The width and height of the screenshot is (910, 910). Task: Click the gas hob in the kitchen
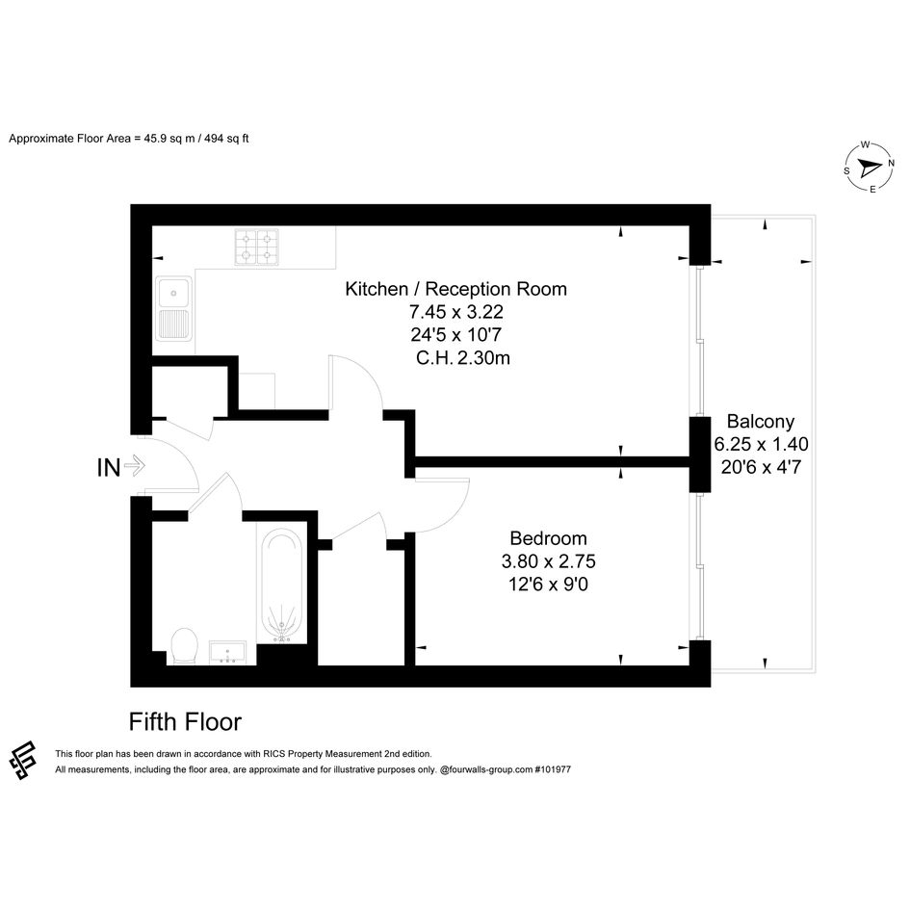click(x=256, y=247)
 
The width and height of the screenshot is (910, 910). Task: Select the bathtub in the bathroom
click(x=282, y=585)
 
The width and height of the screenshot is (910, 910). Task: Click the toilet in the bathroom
click(x=185, y=645)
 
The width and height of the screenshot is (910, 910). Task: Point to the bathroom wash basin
click(x=228, y=653)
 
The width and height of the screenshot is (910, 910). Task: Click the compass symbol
click(x=869, y=168)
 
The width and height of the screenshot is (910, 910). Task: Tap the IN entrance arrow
click(x=135, y=465)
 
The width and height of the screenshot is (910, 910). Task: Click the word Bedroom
click(x=549, y=538)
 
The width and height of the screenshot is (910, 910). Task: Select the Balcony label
click(x=761, y=422)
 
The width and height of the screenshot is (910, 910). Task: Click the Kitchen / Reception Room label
click(x=455, y=289)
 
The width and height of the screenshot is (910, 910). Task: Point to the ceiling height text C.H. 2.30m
click(x=462, y=358)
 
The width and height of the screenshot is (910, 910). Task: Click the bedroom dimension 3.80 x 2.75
click(x=549, y=561)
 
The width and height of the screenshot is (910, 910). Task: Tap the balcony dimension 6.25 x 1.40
click(x=761, y=444)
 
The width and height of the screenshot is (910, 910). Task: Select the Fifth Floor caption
click(x=185, y=722)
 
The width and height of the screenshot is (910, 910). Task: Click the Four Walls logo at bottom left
click(x=23, y=760)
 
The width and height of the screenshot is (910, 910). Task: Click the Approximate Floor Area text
click(x=129, y=139)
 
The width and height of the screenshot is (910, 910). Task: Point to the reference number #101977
click(x=553, y=769)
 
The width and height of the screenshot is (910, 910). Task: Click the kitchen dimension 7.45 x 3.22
click(x=456, y=312)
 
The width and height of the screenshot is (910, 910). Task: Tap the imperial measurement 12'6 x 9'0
click(x=549, y=585)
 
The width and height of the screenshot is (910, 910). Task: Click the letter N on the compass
click(x=891, y=164)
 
